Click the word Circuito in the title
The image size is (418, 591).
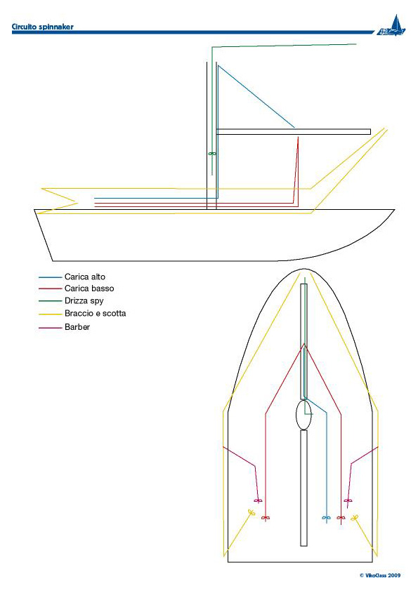click(x=24, y=27)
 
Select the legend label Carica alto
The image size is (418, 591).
click(x=85, y=277)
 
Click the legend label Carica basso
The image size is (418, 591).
click(x=89, y=288)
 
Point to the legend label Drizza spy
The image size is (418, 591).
click(x=84, y=301)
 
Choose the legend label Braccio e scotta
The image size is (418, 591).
click(x=95, y=313)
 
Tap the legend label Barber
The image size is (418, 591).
click(x=77, y=327)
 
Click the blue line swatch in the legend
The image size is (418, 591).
click(x=50, y=277)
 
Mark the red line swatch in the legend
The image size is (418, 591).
click(x=50, y=288)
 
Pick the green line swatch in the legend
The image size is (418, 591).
click(x=50, y=301)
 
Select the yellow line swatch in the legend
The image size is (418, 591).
click(x=50, y=314)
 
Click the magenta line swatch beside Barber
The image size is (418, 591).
click(x=50, y=328)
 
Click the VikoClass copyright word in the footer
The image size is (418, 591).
click(x=376, y=576)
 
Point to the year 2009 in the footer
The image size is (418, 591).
click(x=394, y=576)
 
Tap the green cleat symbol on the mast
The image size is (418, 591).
click(x=212, y=154)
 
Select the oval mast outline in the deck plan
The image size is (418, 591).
click(x=296, y=415)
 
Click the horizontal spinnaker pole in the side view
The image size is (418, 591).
click(x=293, y=131)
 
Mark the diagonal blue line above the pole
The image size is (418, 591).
click(x=256, y=96)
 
